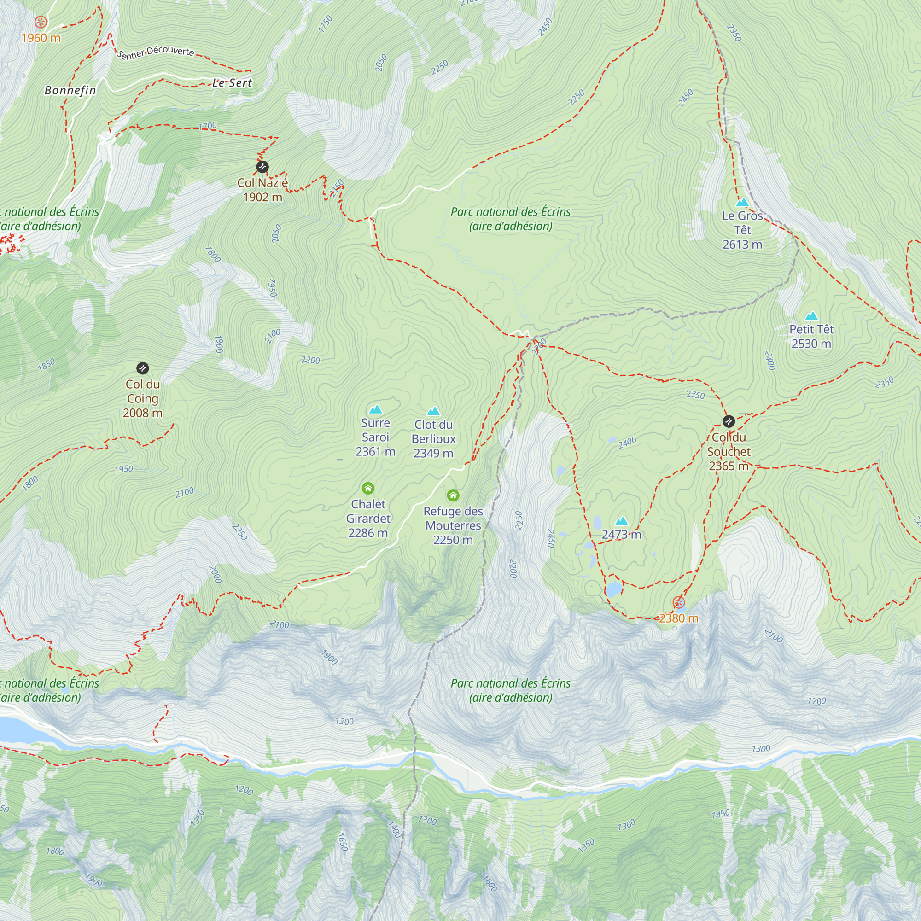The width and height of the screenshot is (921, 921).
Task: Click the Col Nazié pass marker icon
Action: click(262, 167)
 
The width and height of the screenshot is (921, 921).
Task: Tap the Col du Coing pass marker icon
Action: click(143, 368)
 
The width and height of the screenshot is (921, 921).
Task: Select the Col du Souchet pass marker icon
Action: click(729, 421)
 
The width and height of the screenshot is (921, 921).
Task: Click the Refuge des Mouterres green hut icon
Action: click(453, 495)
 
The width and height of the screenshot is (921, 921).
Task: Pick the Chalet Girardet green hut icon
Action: click(367, 488)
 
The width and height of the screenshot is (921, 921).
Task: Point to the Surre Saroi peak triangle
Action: click(376, 409)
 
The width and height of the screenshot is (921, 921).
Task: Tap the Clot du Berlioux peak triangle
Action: click(433, 411)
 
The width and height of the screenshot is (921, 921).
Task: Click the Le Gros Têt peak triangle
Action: click(742, 202)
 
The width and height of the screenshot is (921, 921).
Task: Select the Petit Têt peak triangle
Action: click(811, 316)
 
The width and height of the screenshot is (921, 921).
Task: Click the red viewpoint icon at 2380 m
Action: click(678, 602)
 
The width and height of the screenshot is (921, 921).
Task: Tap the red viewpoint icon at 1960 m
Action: click(41, 22)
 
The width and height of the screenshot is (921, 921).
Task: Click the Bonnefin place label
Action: click(70, 90)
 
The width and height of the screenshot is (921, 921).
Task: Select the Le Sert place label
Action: click(232, 83)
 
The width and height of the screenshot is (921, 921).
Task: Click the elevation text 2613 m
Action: click(742, 245)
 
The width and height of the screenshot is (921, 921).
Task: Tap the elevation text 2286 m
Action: click(367, 533)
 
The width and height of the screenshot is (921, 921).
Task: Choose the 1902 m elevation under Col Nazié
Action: click(262, 197)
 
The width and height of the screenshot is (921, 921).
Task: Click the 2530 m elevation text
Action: click(811, 344)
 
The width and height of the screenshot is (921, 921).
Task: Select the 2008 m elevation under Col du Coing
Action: click(143, 413)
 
